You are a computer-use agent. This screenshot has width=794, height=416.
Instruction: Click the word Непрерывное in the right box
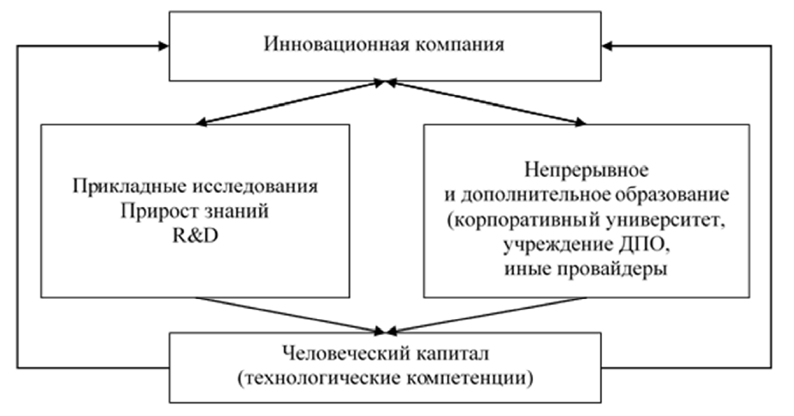587,171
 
